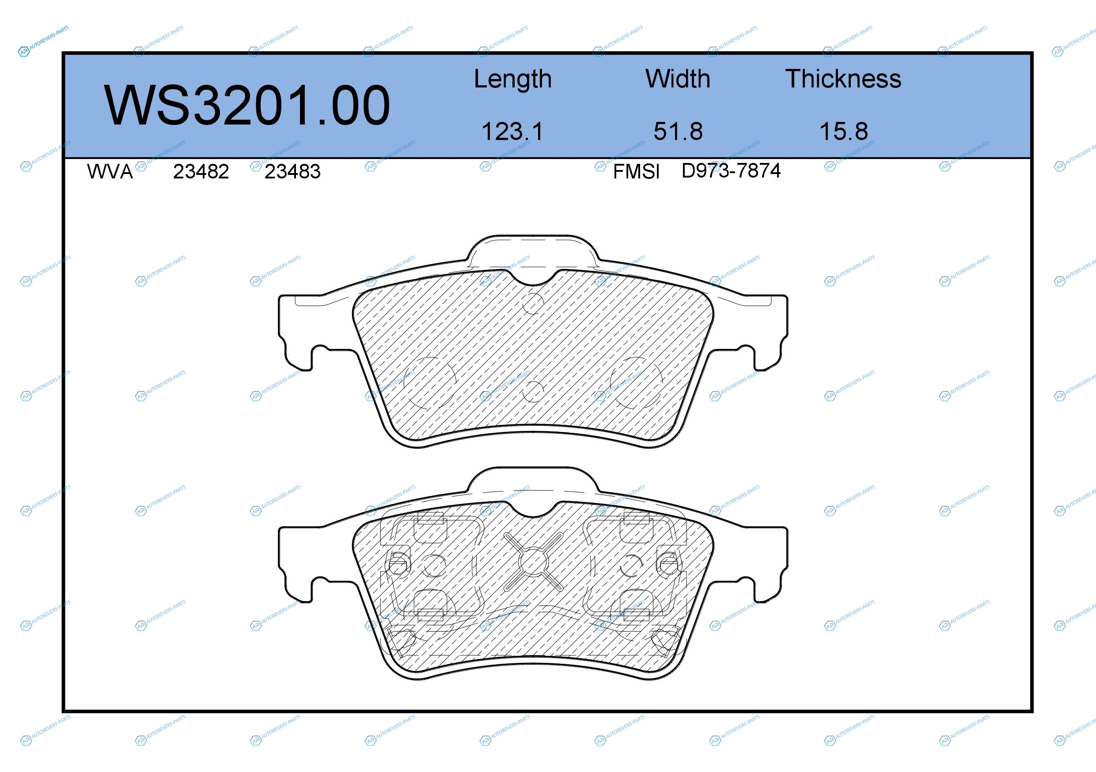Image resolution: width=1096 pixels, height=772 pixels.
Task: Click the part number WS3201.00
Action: point(247,106)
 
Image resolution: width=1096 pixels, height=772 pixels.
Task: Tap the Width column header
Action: point(677,79)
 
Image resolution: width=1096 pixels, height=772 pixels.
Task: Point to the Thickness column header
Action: point(843,79)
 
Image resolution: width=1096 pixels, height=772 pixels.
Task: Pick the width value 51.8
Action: point(678,131)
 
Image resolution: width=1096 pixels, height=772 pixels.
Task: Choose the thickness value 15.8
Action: point(843,131)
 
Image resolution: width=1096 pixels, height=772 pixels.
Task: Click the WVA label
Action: point(110,172)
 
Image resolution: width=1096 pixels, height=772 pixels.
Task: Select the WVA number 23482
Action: point(201,172)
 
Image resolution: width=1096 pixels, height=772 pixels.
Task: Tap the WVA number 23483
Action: point(292,172)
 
